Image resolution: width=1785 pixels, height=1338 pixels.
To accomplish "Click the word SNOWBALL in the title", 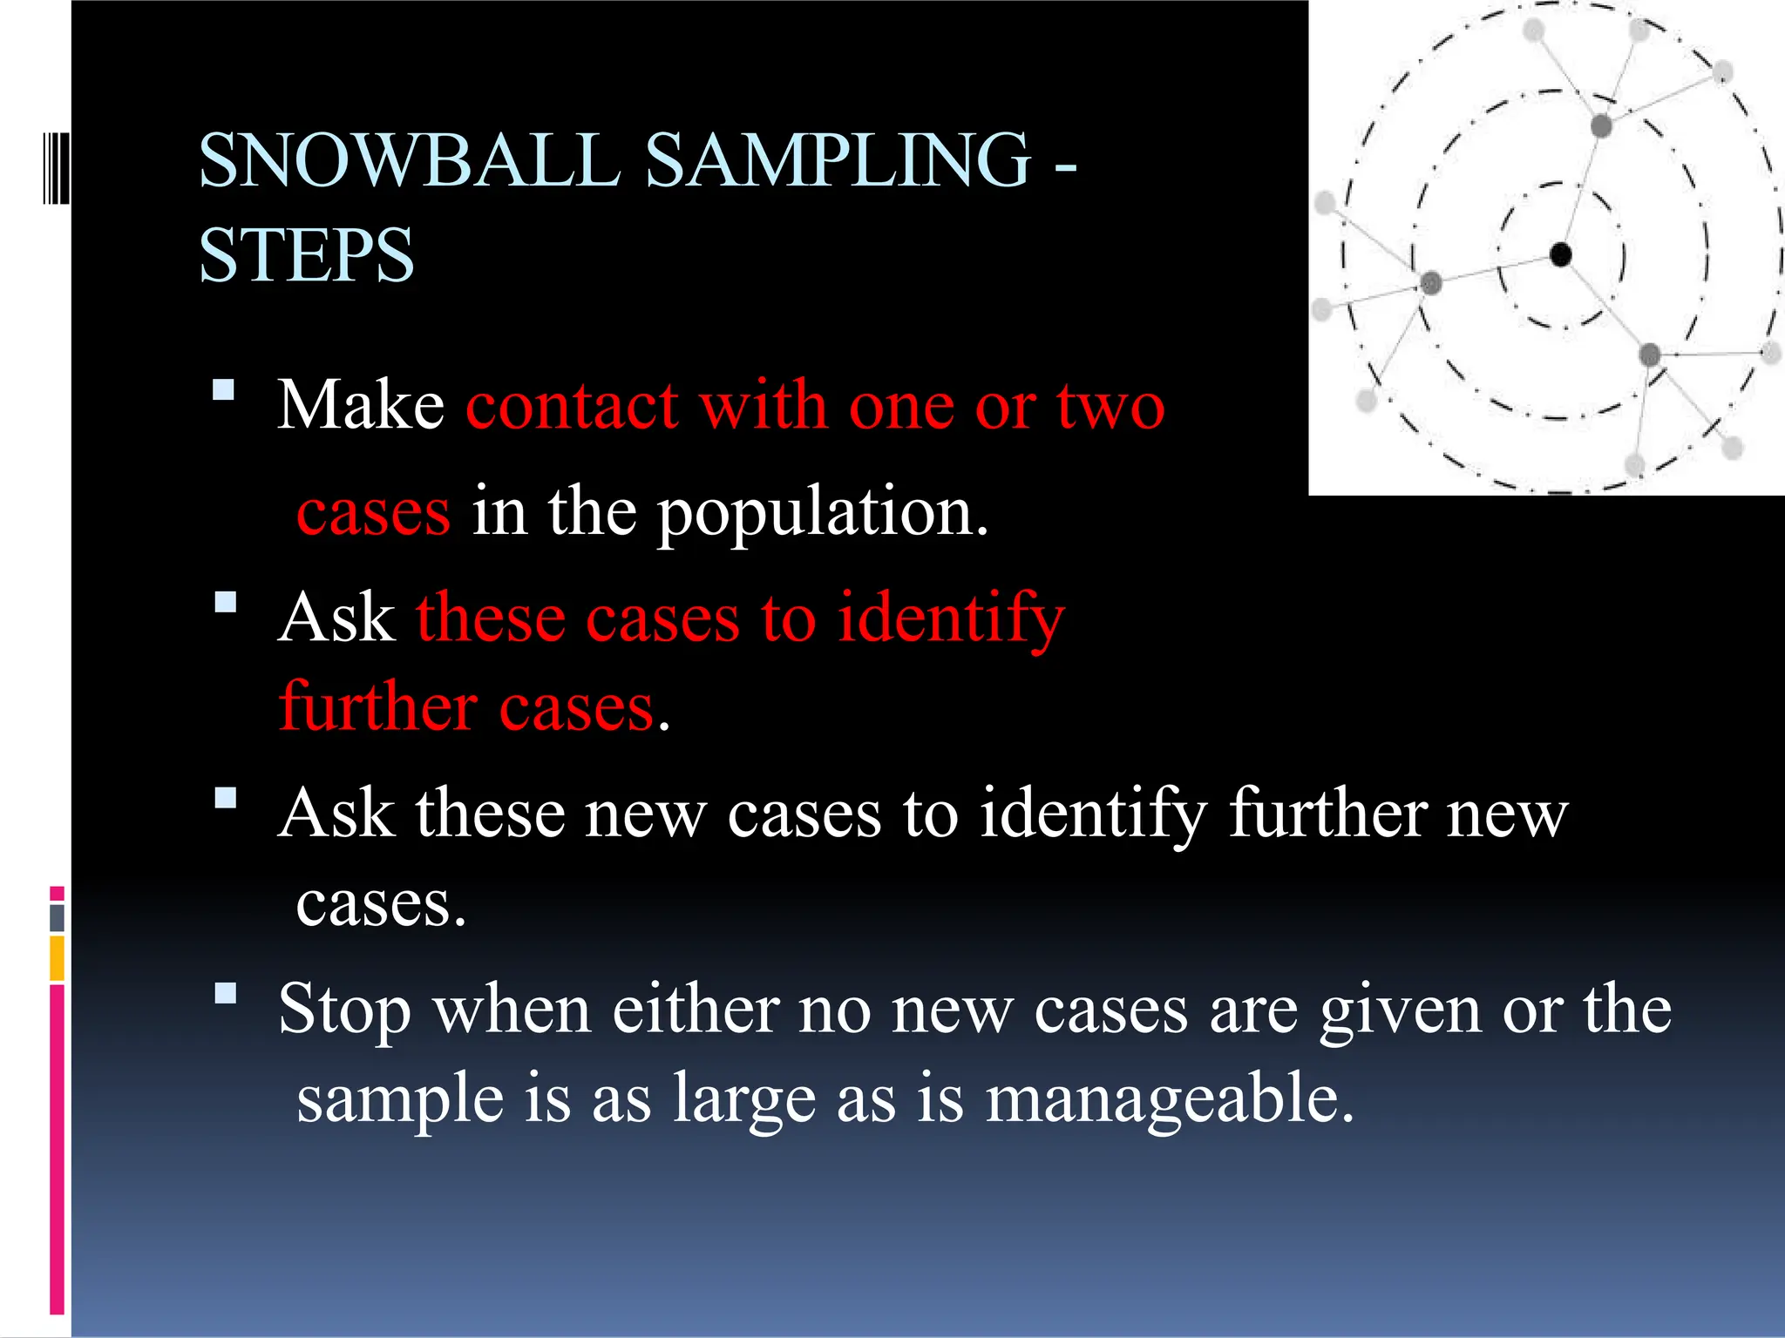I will click(410, 160).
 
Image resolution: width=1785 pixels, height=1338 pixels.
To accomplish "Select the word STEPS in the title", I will click(306, 255).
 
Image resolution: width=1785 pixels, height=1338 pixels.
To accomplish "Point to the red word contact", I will click(572, 406).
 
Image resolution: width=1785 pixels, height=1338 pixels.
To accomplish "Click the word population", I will click(823, 514).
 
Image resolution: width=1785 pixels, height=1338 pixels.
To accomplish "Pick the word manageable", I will click(1170, 1099).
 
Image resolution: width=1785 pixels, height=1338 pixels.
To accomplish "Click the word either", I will click(695, 1010).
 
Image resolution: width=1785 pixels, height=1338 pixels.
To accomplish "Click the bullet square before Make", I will click(224, 389).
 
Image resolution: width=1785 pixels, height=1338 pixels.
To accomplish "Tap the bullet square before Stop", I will click(226, 993).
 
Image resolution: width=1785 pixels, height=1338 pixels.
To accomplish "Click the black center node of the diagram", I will click(1560, 254).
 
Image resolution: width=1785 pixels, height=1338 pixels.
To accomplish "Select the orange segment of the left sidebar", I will click(57, 958).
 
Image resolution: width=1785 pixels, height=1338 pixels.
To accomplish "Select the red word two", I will click(1110, 406).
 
